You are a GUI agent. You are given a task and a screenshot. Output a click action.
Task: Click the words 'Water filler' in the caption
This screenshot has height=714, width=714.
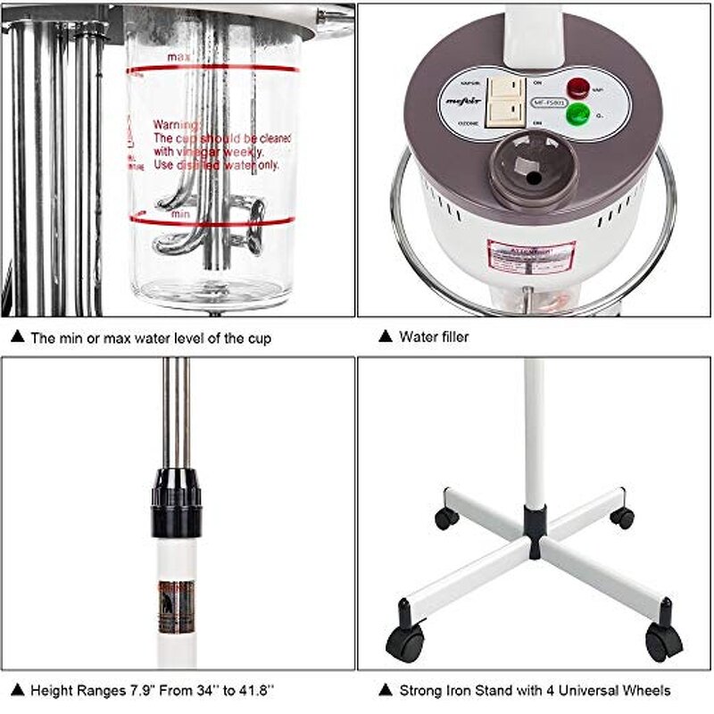tap(434, 337)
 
